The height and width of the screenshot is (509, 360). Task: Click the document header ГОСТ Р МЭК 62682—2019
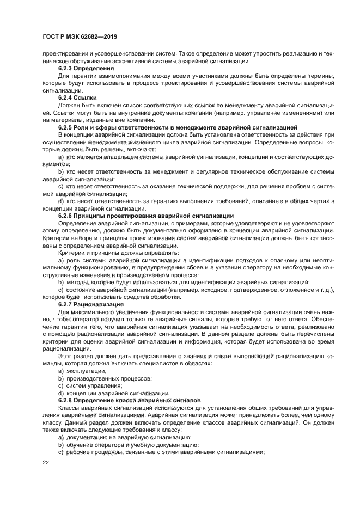(x=80, y=36)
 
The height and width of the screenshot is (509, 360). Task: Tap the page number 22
(x=46, y=462)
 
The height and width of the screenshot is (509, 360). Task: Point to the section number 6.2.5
(x=68, y=126)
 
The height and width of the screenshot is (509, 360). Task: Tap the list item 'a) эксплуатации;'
(x=78, y=370)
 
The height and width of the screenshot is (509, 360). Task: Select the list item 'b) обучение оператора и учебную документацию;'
(x=128, y=444)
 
